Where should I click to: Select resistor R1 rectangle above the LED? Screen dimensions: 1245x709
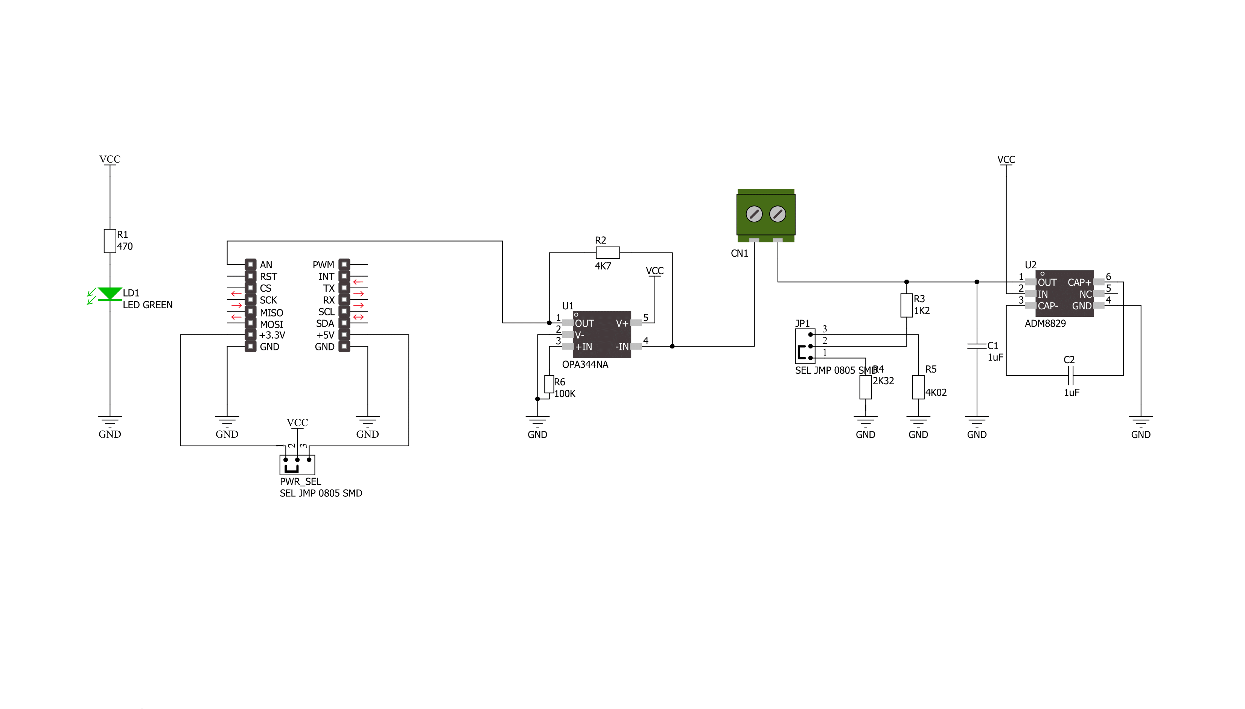point(110,241)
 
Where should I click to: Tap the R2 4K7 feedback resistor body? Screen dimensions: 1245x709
point(608,253)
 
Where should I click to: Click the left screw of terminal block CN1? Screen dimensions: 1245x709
point(754,214)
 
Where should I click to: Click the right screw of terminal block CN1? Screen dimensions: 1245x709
point(778,214)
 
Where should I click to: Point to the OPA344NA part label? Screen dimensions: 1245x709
point(585,365)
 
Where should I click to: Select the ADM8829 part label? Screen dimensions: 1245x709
point(1045,324)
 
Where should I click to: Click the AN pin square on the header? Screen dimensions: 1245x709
point(250,265)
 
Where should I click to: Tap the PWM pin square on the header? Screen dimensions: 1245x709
point(344,265)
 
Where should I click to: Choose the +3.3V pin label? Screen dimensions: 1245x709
point(272,335)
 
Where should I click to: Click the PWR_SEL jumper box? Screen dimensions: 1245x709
point(297,465)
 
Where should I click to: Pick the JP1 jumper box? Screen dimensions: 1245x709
point(805,346)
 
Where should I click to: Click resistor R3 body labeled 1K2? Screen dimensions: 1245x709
point(906,305)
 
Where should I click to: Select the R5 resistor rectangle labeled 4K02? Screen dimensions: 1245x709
point(918,387)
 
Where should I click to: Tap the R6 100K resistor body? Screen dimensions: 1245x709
point(549,384)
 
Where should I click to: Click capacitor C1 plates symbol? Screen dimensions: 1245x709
point(976,346)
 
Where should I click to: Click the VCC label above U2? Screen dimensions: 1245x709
point(1006,160)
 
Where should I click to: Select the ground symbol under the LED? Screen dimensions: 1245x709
point(110,422)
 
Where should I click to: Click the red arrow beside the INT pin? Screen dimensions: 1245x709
point(358,282)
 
